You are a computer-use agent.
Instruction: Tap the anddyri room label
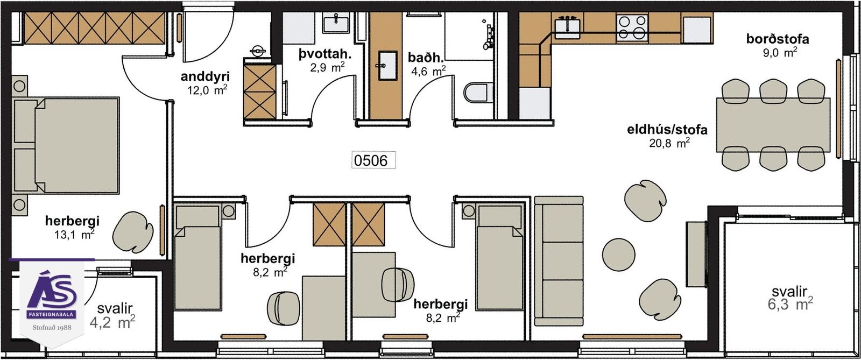pyautogui.click(x=205, y=76)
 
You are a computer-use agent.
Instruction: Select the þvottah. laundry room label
pyautogui.click(x=325, y=54)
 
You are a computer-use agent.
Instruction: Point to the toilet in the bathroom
pyautogui.click(x=478, y=92)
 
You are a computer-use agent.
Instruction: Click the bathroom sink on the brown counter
pyautogui.click(x=387, y=66)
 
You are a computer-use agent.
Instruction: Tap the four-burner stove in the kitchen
pyautogui.click(x=632, y=26)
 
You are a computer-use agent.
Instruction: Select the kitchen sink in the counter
pyautogui.click(x=567, y=27)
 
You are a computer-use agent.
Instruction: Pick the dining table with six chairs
pyautogui.click(x=773, y=125)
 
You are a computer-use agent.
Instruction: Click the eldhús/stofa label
pyautogui.click(x=667, y=130)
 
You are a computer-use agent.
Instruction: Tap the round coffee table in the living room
pyautogui.click(x=618, y=255)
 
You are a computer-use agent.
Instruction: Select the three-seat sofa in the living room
pyautogui.click(x=559, y=261)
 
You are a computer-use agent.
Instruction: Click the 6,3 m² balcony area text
pyautogui.click(x=790, y=305)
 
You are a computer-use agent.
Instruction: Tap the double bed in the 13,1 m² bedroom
pyautogui.click(x=66, y=145)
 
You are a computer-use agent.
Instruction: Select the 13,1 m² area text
pyautogui.click(x=74, y=235)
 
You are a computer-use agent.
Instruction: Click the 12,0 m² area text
pyautogui.click(x=207, y=90)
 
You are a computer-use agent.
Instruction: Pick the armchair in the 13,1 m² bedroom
pyautogui.click(x=132, y=232)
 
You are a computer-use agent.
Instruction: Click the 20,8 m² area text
pyautogui.click(x=669, y=143)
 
